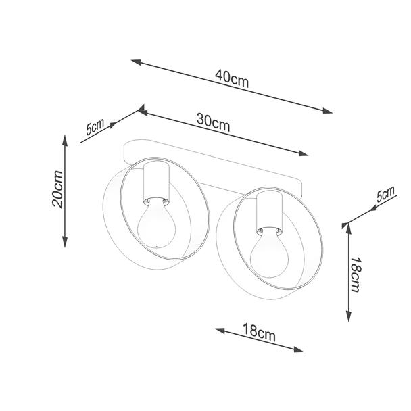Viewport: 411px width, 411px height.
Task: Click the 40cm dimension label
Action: pyautogui.click(x=232, y=78)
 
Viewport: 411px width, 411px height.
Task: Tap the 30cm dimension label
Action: pyautogui.click(x=214, y=122)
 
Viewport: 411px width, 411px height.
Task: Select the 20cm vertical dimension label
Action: pyautogui.click(x=57, y=189)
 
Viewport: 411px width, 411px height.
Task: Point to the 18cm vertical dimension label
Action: pyautogui.click(x=356, y=274)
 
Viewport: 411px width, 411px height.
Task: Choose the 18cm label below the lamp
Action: pyautogui.click(x=259, y=333)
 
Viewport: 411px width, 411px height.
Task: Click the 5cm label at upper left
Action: pyautogui.click(x=95, y=126)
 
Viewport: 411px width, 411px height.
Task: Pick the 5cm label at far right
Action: pyautogui.click(x=385, y=194)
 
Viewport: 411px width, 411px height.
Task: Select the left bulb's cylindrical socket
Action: pyautogui.click(x=156, y=183)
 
